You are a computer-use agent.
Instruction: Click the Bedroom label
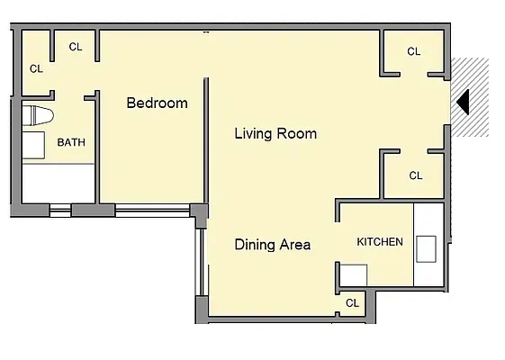157,103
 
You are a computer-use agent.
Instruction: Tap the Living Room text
275,134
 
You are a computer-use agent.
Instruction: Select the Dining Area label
273,244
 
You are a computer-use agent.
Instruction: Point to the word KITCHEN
380,242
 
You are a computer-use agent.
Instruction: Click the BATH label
71,142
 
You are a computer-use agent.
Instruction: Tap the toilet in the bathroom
37,116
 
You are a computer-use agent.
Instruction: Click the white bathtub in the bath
57,184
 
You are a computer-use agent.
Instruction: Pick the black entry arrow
462,101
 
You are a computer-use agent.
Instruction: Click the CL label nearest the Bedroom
76,47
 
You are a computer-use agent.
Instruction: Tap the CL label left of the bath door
37,68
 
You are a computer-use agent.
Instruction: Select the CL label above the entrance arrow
413,52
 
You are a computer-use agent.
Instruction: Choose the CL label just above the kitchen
415,175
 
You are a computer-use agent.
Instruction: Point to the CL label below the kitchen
352,303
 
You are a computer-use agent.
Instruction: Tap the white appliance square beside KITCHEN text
352,274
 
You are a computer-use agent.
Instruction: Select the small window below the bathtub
59,211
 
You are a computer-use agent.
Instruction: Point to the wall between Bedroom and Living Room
206,144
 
